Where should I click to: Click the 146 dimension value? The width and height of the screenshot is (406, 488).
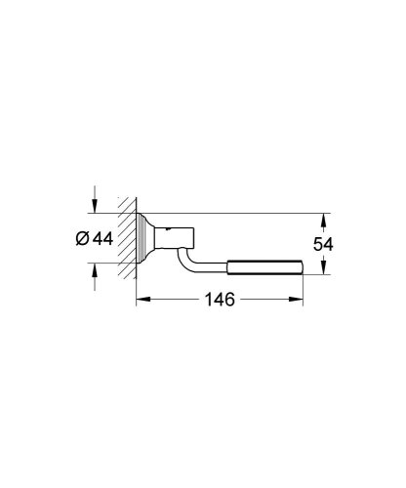219,301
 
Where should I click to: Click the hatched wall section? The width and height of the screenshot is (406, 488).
124,239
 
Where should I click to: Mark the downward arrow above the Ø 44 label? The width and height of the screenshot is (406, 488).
94,203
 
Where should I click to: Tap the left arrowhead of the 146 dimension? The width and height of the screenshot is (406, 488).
140,301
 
